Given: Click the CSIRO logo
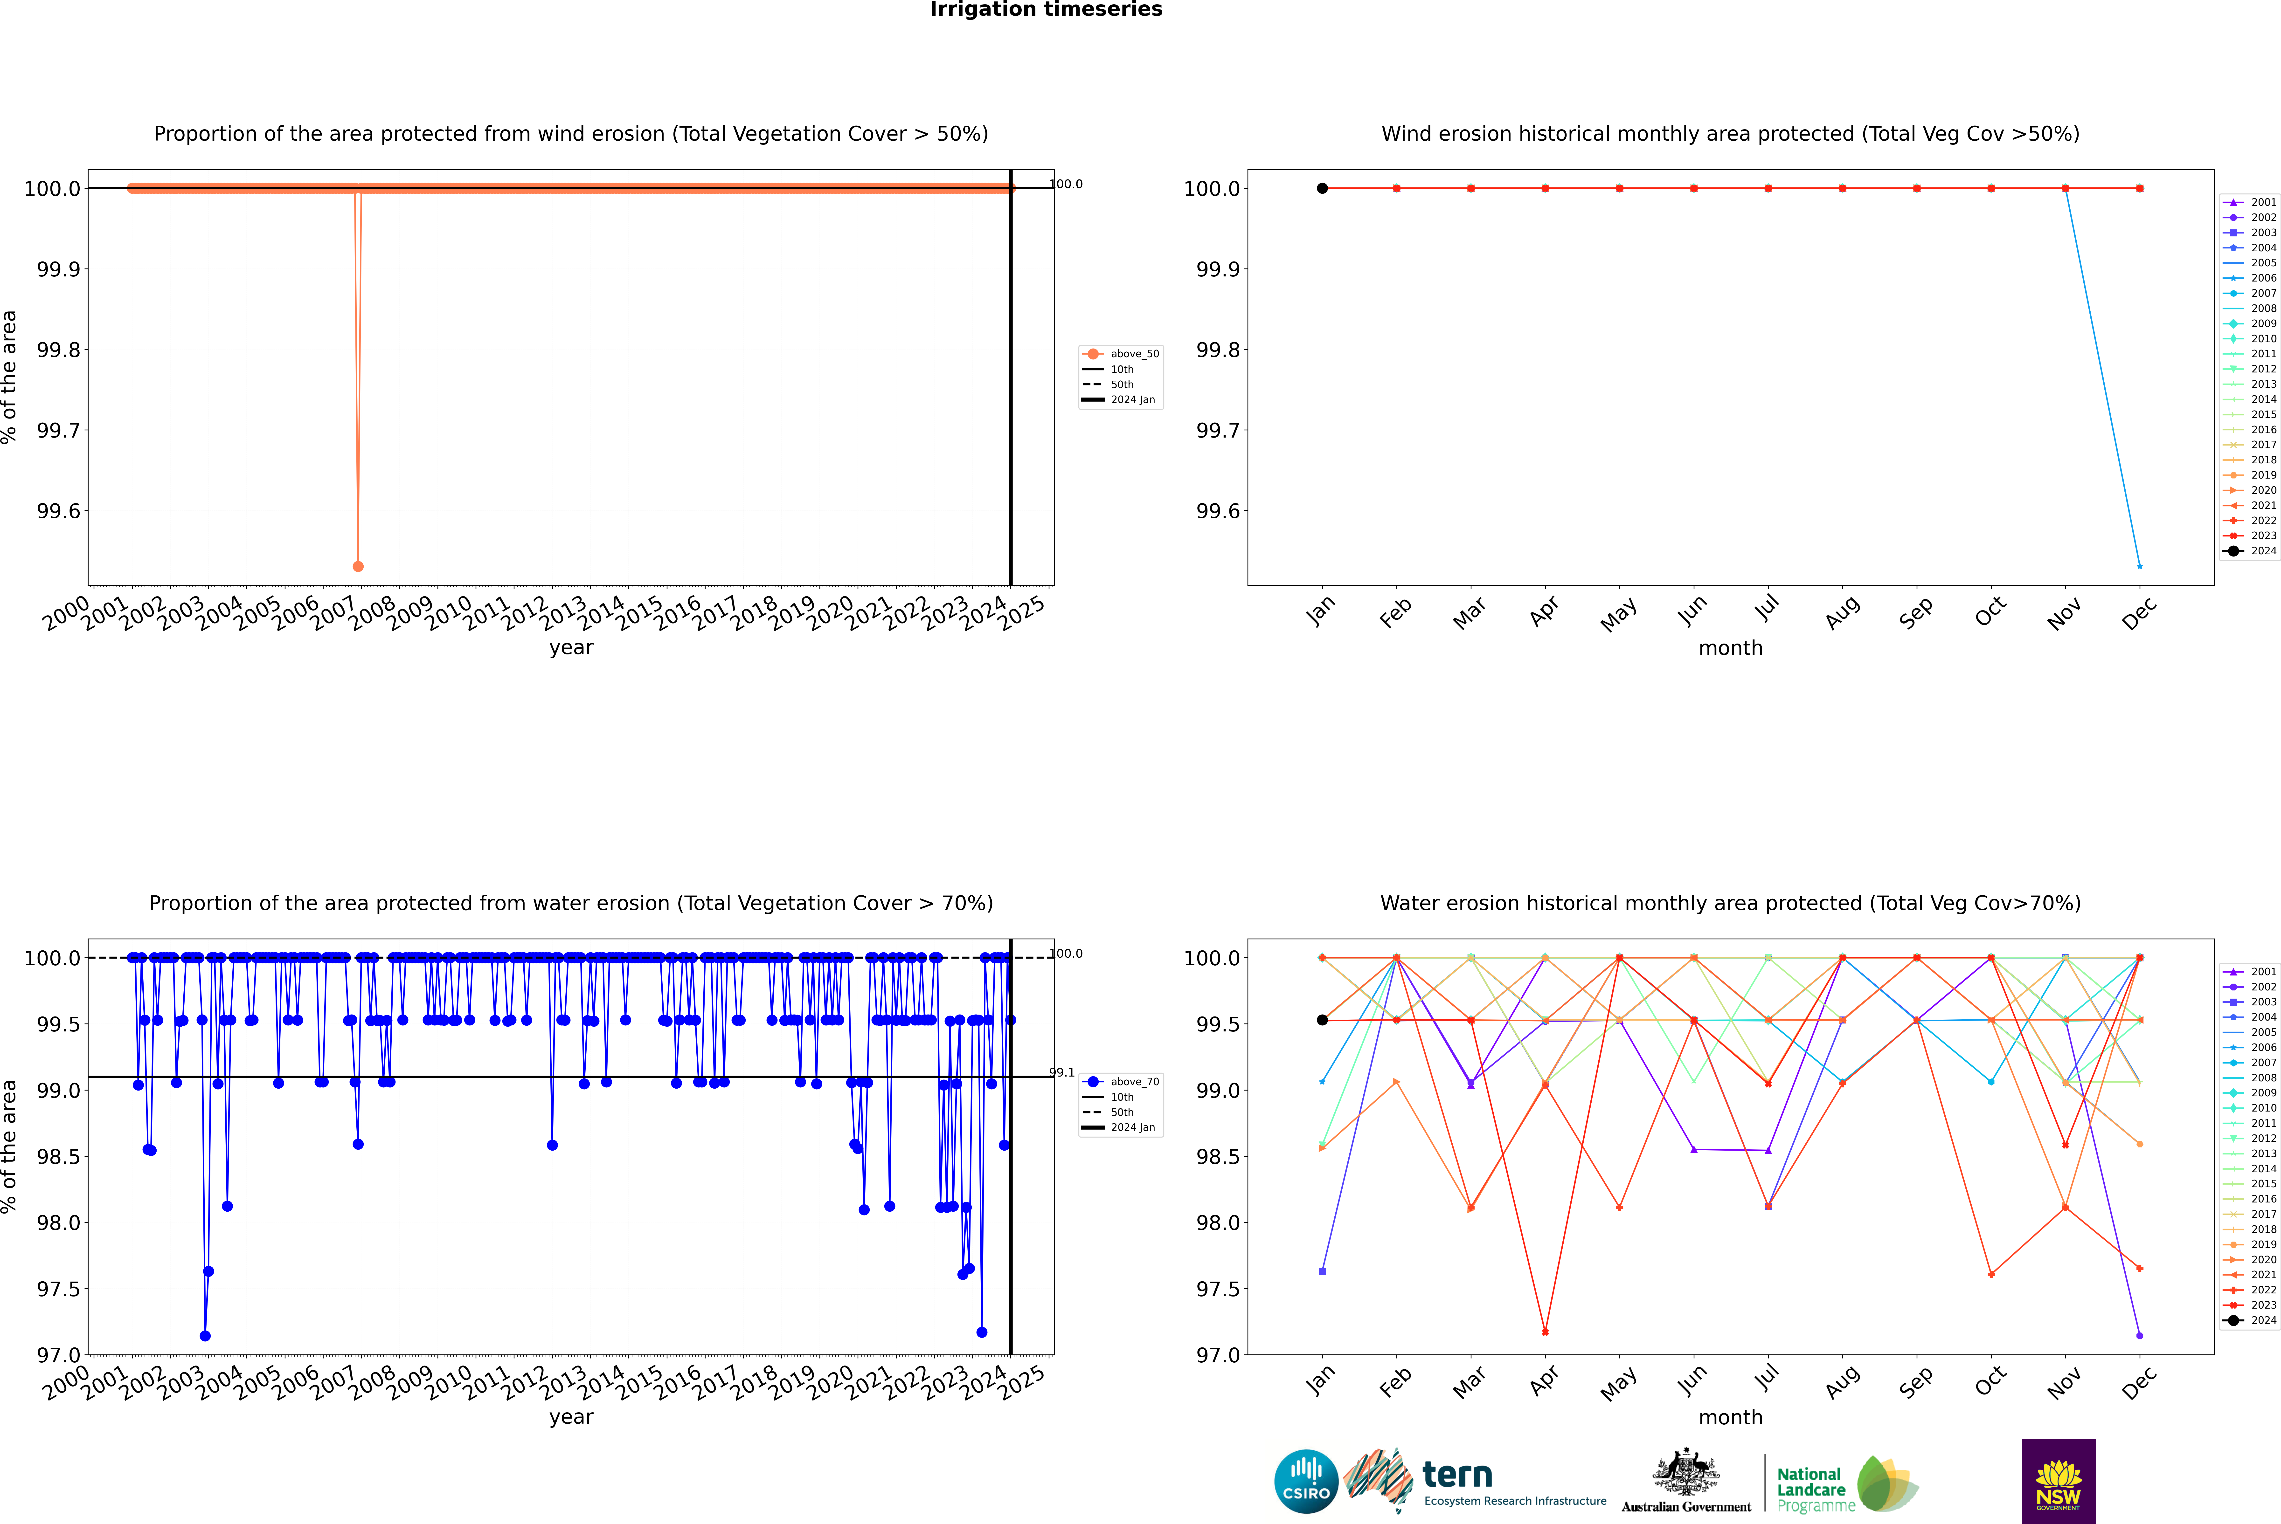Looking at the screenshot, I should [x=1306, y=1481].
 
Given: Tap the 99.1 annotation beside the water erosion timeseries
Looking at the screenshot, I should [x=1062, y=1073].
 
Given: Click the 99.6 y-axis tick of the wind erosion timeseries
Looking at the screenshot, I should [x=58, y=511].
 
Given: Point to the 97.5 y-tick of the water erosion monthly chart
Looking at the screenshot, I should [x=1218, y=1289].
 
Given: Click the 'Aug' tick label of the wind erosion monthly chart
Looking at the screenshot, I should [x=1843, y=612].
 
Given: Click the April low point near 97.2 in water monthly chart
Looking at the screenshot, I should [x=1545, y=1332].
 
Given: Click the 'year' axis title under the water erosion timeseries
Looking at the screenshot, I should [x=571, y=1417].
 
